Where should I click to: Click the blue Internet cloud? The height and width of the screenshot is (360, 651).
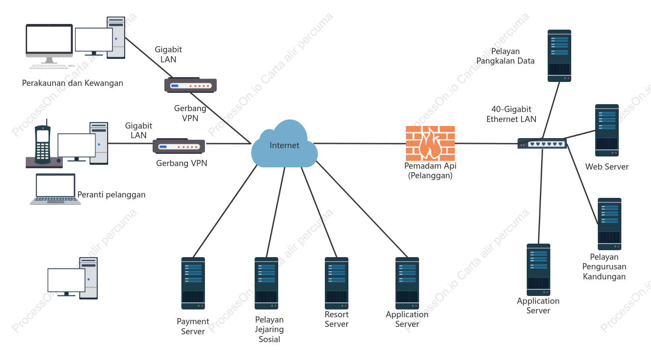pyautogui.click(x=284, y=143)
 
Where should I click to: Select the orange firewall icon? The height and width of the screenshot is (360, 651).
pyautogui.click(x=430, y=143)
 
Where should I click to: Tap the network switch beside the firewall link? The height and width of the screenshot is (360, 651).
pyautogui.click(x=542, y=143)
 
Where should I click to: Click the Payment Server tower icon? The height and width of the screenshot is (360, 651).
pyautogui.click(x=193, y=283)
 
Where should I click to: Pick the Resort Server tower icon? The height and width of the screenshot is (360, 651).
pyautogui.click(x=337, y=283)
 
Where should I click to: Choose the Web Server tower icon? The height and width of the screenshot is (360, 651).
pyautogui.click(x=607, y=130)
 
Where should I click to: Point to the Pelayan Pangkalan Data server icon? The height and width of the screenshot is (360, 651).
pyautogui.click(x=559, y=56)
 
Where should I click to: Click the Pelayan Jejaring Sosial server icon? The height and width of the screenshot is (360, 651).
pyautogui.click(x=266, y=283)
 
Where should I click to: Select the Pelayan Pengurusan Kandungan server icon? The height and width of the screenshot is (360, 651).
pyautogui.click(x=610, y=224)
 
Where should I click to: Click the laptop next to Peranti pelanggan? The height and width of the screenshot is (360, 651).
pyautogui.click(x=55, y=189)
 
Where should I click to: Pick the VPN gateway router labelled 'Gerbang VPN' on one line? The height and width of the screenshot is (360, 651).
pyautogui.click(x=179, y=146)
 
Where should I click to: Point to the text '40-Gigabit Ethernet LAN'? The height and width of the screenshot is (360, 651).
pyautogui.click(x=511, y=114)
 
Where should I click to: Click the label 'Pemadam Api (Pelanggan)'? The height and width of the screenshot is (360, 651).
pyautogui.click(x=430, y=170)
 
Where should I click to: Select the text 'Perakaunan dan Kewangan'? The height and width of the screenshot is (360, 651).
pyautogui.click(x=73, y=83)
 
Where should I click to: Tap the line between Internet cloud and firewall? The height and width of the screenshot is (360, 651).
pyautogui.click(x=360, y=143)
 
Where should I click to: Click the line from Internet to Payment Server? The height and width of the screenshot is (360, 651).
pyautogui.click(x=225, y=211)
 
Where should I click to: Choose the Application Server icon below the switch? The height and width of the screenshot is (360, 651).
pyautogui.click(x=538, y=270)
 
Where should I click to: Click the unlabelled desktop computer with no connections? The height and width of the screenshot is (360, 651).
pyautogui.click(x=73, y=278)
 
